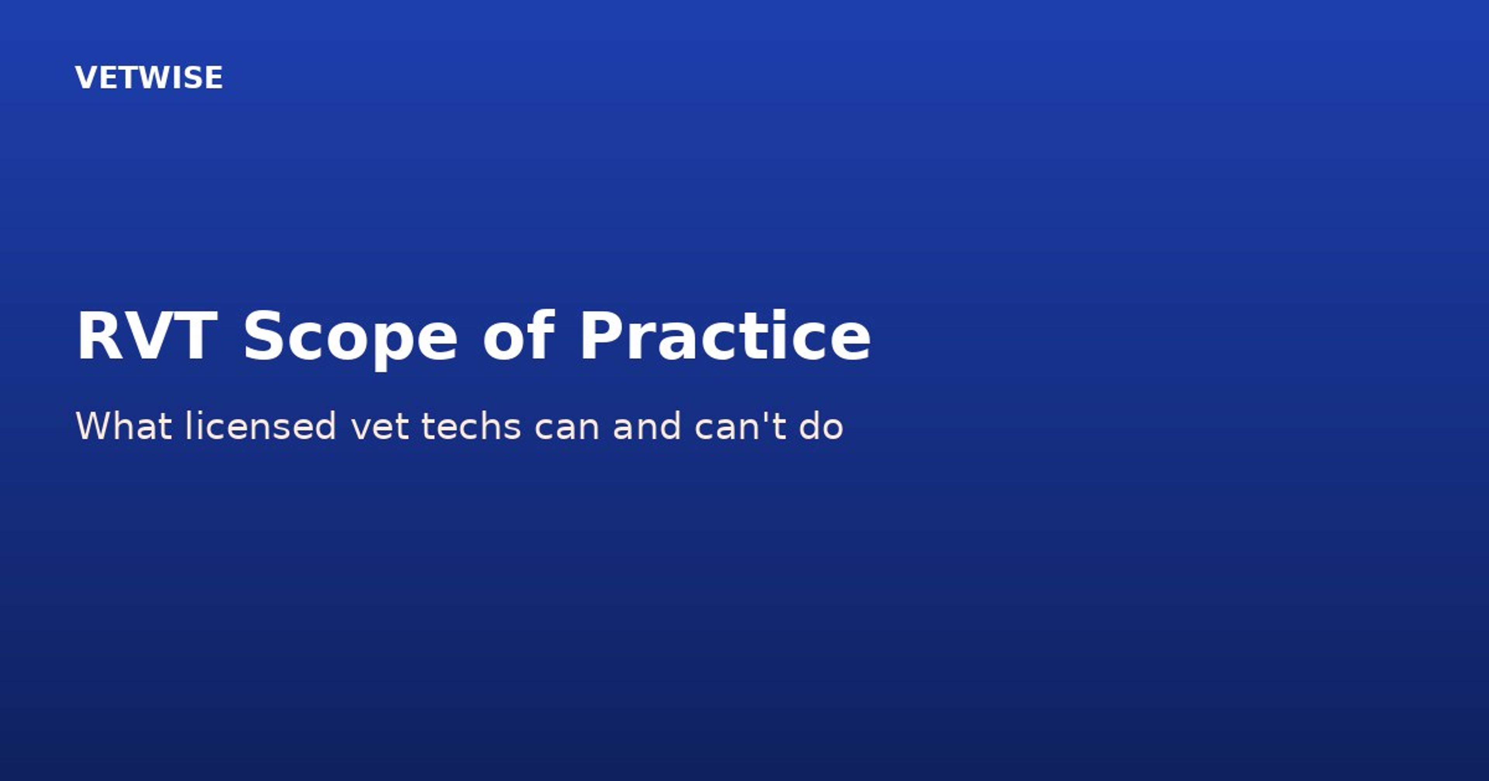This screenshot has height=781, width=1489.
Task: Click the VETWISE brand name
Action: coord(149,78)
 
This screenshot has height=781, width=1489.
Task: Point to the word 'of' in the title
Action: coord(518,335)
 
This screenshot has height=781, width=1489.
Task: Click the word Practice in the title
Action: coord(725,335)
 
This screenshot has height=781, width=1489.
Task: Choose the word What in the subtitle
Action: coord(124,426)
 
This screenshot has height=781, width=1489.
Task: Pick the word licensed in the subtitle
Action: coord(261,426)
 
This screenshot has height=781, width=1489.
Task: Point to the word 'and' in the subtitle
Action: coord(647,426)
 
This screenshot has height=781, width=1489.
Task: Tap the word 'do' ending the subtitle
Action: coord(821,426)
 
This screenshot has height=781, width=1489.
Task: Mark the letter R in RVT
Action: coord(98,335)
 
